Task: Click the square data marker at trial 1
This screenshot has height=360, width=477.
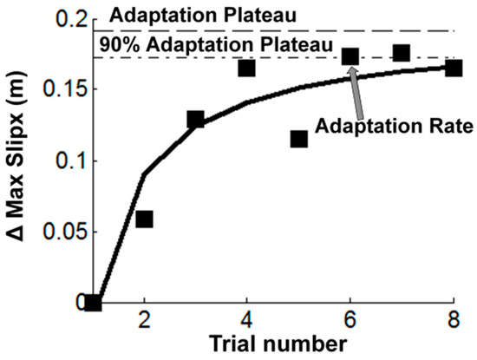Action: (x=93, y=303)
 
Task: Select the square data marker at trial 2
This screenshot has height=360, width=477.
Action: (x=144, y=219)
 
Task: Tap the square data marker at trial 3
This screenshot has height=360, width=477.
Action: (x=195, y=120)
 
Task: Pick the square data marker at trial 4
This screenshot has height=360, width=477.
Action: (x=247, y=68)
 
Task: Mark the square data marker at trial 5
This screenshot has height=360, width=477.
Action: (x=299, y=139)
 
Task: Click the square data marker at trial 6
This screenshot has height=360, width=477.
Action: (x=350, y=57)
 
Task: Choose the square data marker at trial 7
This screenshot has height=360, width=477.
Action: (x=402, y=53)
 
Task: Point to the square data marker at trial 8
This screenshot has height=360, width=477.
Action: (x=454, y=68)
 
